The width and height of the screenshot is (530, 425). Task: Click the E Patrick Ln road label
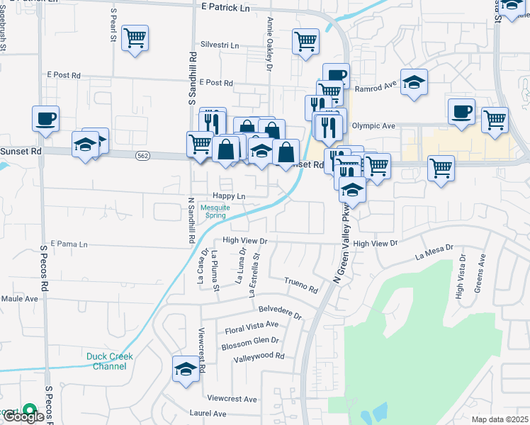tap(225, 8)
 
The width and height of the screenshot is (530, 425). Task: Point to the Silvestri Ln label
tap(220, 45)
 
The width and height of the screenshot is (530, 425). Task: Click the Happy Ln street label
tap(228, 196)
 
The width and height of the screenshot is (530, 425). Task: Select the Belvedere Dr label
tap(280, 310)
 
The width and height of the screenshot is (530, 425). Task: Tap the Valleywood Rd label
tap(259, 356)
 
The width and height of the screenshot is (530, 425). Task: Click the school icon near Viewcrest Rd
tap(186, 369)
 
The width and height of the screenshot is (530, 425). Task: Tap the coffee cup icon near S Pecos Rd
tap(45, 118)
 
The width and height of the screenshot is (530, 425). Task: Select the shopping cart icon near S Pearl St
tap(135, 38)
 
